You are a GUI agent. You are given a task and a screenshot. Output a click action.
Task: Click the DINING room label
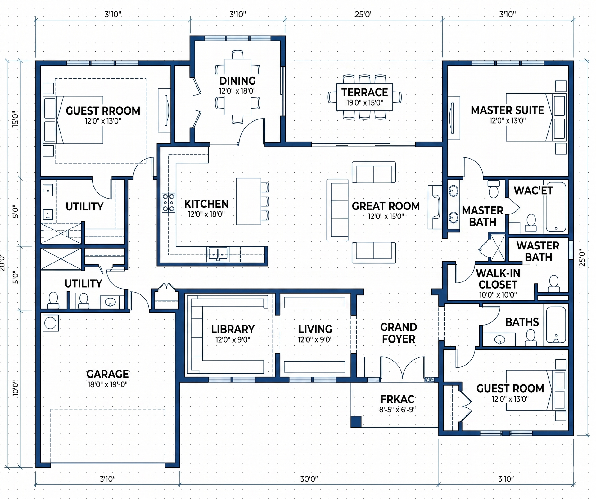[237, 81]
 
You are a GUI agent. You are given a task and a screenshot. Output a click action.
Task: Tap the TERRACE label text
[365, 92]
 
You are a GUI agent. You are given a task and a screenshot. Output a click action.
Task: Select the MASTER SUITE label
[507, 110]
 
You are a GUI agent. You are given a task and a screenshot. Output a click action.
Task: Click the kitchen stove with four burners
[169, 203]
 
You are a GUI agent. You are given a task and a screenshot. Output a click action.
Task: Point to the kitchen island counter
[248, 201]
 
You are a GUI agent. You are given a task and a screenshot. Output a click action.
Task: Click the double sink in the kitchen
[218, 254]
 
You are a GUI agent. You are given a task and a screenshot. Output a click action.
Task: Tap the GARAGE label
[107, 374]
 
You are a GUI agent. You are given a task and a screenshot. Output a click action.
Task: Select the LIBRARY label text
[233, 329]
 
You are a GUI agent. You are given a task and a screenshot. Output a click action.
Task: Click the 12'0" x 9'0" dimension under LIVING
[315, 340]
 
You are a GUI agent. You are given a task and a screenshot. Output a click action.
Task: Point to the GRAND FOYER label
[399, 333]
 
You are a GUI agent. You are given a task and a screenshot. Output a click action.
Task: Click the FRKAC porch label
[397, 399]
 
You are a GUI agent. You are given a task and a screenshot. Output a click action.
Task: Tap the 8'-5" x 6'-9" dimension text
[397, 410]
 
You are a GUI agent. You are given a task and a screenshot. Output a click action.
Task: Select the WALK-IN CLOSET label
[498, 279]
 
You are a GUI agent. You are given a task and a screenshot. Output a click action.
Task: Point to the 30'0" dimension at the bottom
[309, 479]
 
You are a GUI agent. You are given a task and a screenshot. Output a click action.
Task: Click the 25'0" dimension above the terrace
[363, 14]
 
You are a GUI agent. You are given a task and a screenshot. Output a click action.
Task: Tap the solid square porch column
[356, 422]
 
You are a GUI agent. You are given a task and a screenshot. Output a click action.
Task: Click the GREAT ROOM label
[386, 206]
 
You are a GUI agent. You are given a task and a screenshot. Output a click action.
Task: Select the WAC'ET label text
[533, 191]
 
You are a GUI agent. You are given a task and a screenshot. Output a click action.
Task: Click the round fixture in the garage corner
[50, 323]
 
